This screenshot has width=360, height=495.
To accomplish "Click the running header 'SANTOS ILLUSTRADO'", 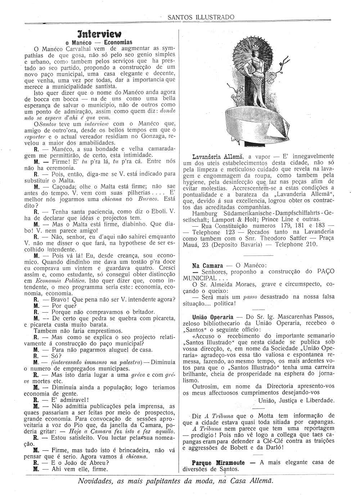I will [201, 17].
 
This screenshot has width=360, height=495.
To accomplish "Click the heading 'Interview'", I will [99, 34].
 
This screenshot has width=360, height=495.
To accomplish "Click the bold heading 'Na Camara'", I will [207, 265].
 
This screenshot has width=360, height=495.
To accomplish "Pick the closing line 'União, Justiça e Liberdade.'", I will [296, 400].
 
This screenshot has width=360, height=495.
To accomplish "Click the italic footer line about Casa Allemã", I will [175, 481].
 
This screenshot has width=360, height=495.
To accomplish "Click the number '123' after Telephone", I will [230, 232].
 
